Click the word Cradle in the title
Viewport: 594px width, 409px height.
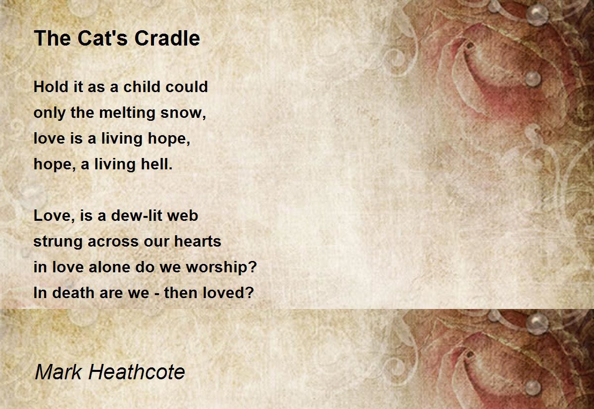pos(167,38)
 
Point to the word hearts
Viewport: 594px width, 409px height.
pos(198,241)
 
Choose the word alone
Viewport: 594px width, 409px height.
pos(109,267)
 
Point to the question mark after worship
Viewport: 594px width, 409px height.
pos(253,267)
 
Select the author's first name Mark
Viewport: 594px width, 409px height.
pos(58,372)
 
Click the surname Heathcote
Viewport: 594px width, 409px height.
pos(137,372)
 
